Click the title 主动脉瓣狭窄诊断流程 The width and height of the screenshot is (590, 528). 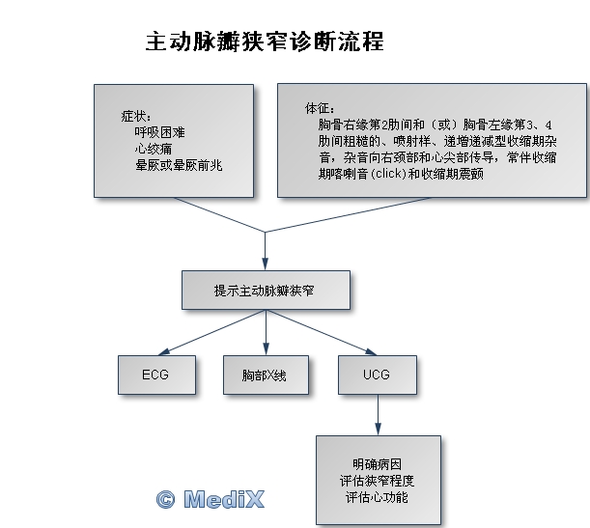pos(264,42)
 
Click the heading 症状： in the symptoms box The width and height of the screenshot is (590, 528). pos(135,114)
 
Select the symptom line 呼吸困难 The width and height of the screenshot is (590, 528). pos(158,132)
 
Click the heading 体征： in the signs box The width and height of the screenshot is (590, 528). pos(318,107)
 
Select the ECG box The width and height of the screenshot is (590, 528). pos(155,375)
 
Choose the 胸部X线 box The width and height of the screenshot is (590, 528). pos(265,375)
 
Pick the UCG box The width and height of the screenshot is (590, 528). pos(378,375)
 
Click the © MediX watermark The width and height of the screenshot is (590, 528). pos(210,498)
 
